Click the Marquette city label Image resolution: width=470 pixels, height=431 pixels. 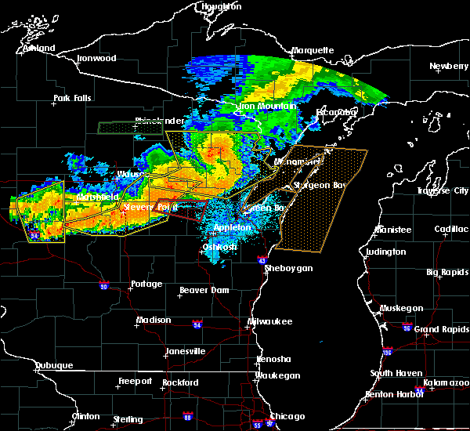[313, 50]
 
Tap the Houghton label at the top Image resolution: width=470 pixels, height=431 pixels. [222, 5]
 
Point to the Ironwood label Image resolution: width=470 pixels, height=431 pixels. [96, 58]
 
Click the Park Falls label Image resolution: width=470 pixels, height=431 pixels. [72, 98]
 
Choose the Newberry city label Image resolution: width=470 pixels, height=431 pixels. [448, 66]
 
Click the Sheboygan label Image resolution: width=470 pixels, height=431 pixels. [288, 268]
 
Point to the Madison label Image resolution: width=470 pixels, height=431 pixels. [154, 320]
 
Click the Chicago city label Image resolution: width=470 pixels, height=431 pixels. [286, 416]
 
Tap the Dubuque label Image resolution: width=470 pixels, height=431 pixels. [54, 365]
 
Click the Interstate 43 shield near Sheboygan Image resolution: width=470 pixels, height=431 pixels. [262, 259]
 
